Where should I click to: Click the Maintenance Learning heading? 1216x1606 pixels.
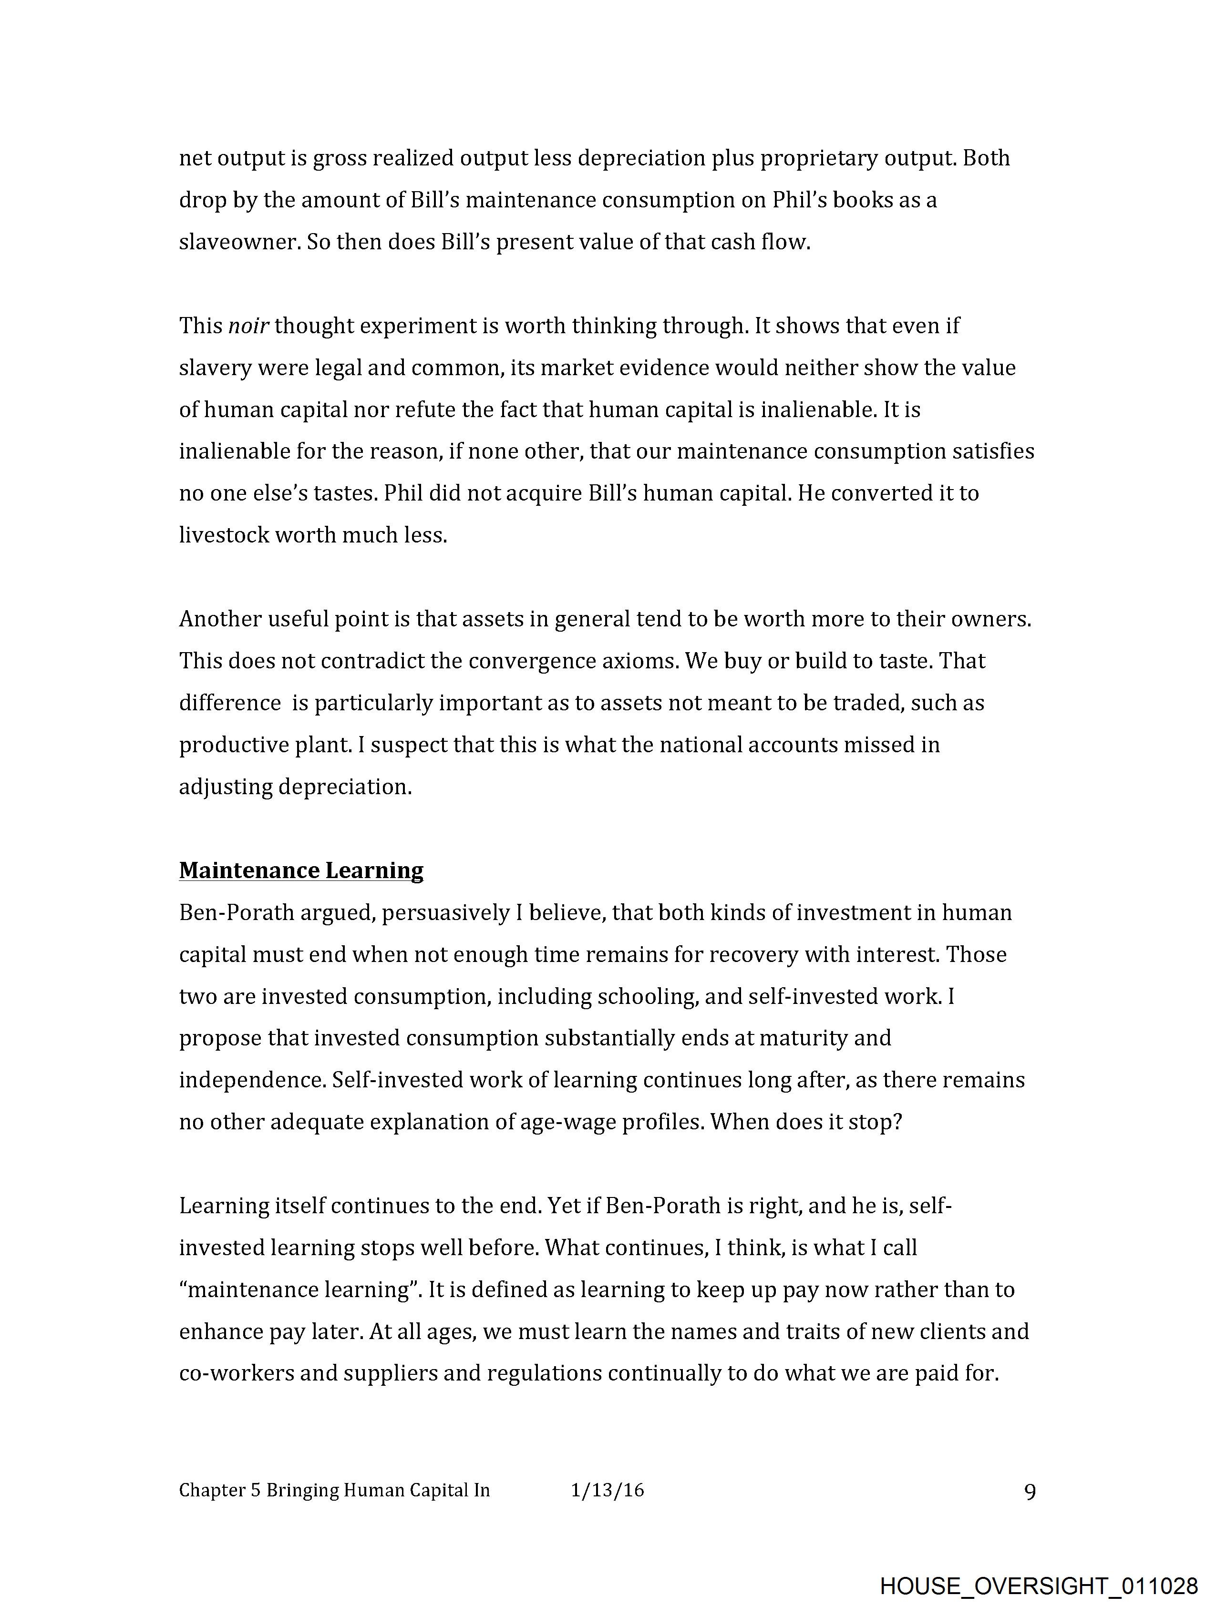pyautogui.click(x=301, y=870)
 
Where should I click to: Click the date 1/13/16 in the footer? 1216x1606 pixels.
pyautogui.click(x=607, y=1491)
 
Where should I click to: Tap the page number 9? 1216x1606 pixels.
pyautogui.click(x=1030, y=1492)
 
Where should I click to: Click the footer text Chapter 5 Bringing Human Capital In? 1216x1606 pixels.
pyautogui.click(x=334, y=1491)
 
